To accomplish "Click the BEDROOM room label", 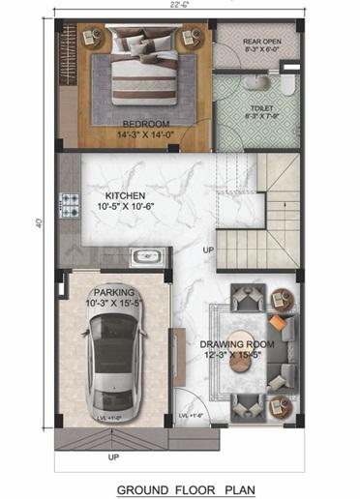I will (146, 124).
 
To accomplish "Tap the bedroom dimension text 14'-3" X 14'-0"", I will (146, 135).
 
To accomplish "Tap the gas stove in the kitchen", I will (70, 205).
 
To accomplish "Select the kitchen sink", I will (146, 257).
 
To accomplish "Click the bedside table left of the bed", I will (94, 38).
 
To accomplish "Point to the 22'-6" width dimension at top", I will (179, 5).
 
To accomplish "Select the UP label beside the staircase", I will (207, 251).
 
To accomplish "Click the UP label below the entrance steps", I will (113, 455).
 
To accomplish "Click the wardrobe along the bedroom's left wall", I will (68, 82).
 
